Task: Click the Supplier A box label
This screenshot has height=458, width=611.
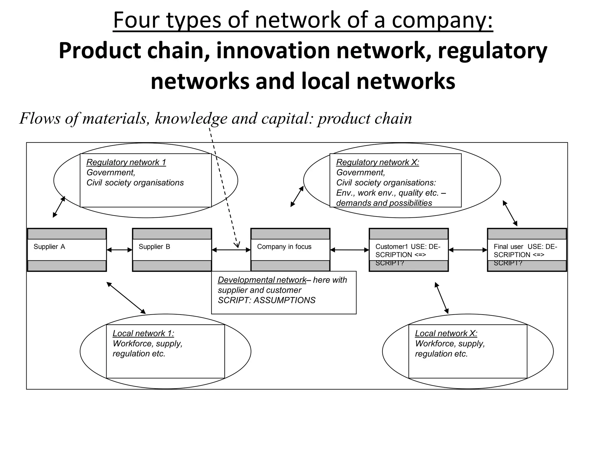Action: [49, 247]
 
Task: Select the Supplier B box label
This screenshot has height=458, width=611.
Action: [154, 247]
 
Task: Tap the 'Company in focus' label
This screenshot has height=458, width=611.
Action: [284, 247]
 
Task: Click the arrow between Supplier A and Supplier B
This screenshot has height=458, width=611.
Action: [119, 250]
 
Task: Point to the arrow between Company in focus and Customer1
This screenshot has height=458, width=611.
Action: [349, 250]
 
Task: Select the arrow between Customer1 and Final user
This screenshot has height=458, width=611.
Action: [468, 250]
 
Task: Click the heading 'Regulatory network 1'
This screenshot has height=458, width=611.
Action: [126, 162]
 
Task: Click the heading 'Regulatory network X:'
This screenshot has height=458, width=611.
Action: [377, 162]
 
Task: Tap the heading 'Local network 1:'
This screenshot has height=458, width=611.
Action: [143, 333]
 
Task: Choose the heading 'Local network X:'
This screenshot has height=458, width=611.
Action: [446, 333]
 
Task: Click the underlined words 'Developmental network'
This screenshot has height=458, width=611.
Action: [262, 280]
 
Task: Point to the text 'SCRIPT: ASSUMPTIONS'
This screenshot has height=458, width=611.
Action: [266, 300]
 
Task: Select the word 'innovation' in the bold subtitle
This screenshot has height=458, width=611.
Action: [273, 51]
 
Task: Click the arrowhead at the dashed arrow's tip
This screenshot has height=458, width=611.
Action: [237, 245]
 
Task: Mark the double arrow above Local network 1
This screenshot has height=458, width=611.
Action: [126, 298]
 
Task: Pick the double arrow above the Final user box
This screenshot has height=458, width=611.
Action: [510, 213]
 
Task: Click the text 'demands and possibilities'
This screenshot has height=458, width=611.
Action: [384, 203]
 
